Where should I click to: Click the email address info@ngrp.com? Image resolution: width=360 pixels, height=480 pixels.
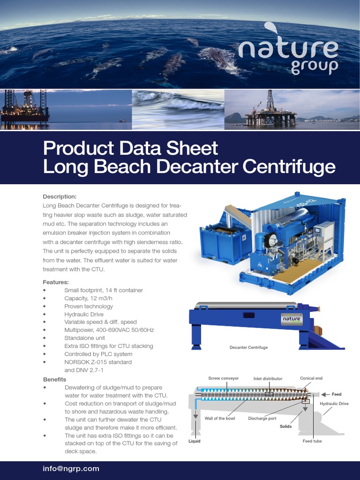point(71,468)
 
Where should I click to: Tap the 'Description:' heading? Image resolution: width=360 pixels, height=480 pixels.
point(60,196)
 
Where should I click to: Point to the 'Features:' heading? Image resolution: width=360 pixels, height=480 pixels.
point(56,282)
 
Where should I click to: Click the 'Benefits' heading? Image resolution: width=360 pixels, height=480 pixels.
point(55,379)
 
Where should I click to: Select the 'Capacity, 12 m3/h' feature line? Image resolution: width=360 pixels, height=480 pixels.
point(88,298)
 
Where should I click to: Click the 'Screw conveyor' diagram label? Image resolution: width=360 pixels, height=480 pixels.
point(224,378)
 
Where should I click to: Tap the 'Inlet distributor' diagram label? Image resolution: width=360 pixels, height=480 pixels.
point(268,378)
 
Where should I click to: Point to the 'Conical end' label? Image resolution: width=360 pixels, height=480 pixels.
point(311,378)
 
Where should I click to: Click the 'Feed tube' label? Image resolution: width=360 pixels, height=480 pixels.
point(312,441)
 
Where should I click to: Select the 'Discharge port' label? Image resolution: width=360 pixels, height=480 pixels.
point(262,418)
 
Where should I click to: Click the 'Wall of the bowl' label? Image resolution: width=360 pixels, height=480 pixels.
point(220,418)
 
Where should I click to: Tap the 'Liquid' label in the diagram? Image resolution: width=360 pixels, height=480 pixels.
point(195,441)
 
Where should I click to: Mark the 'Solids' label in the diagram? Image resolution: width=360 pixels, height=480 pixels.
point(286,426)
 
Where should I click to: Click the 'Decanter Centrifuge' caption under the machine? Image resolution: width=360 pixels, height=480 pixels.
point(248,347)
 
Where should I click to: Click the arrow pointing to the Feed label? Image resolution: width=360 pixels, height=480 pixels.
point(325,395)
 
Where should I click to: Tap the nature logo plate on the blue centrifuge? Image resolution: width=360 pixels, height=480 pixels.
point(291,319)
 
